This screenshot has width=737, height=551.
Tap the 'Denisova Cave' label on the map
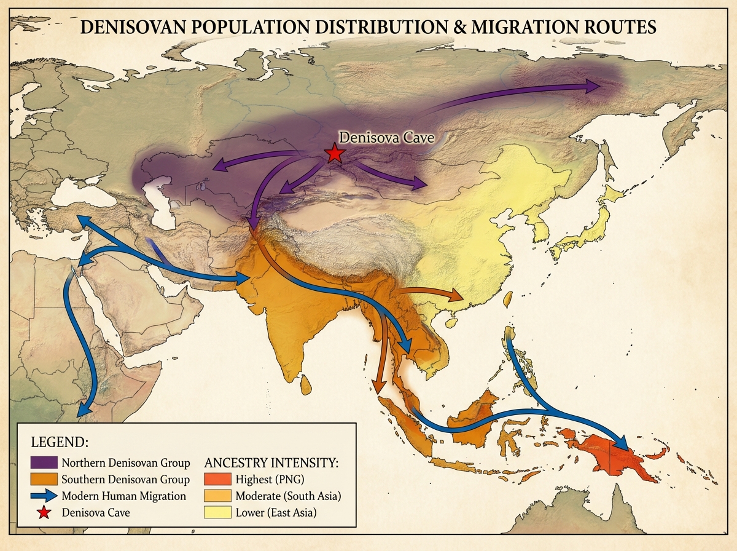[387, 138]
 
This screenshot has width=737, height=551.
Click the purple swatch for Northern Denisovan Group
[43, 462]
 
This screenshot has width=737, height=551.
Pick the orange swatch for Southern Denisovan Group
[43, 479]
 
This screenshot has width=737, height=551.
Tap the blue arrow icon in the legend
[43, 496]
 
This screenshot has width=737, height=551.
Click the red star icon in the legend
[43, 512]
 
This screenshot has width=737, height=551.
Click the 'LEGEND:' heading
[60, 443]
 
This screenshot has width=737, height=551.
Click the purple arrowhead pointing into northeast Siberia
[593, 87]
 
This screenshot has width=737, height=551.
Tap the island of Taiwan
[508, 299]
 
